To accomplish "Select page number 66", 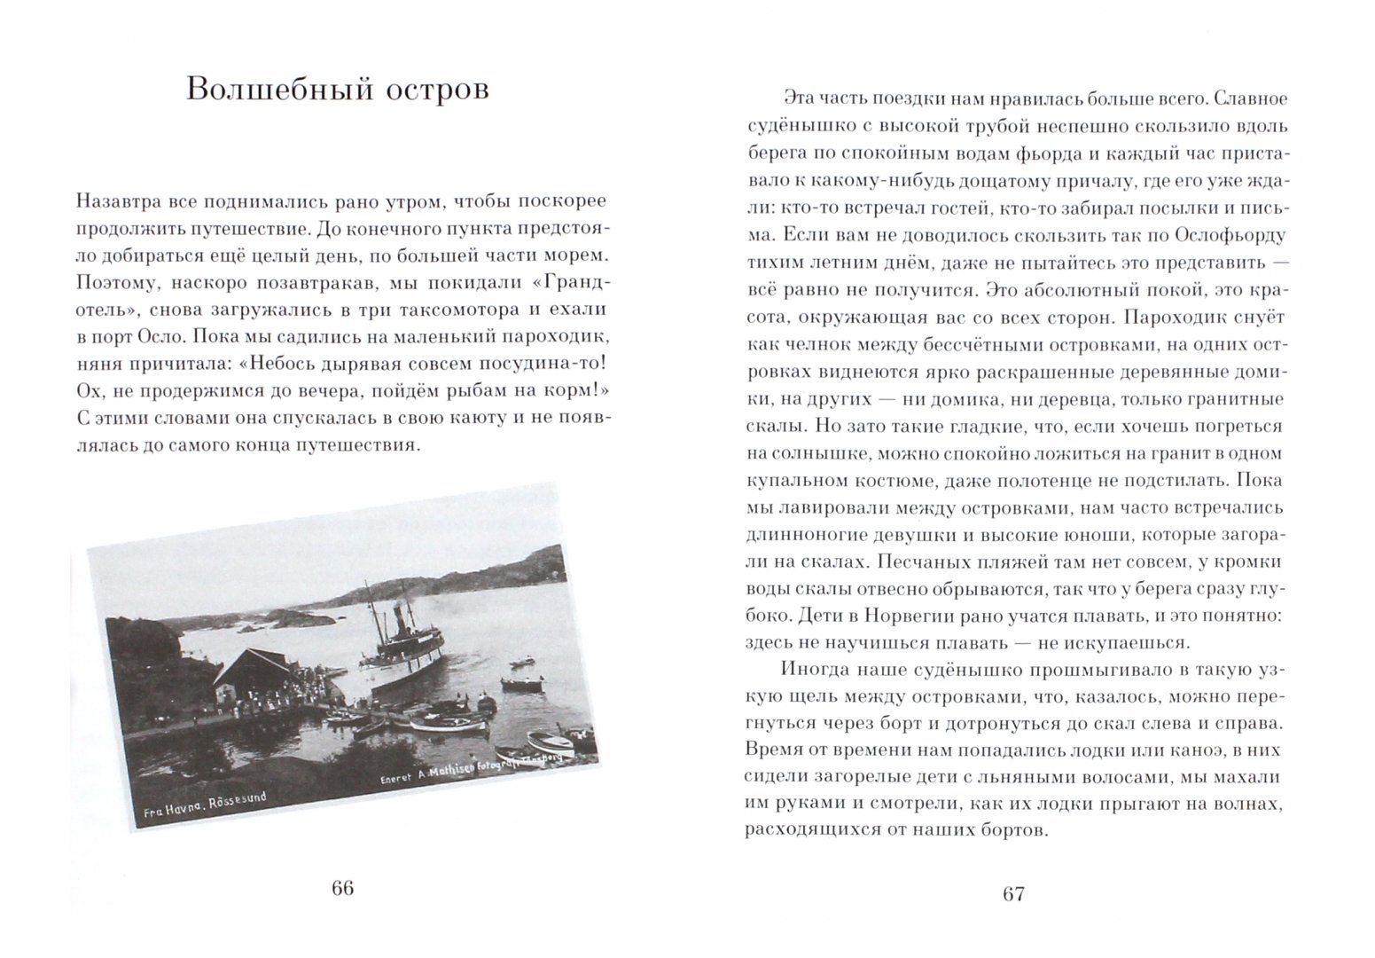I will (342, 889).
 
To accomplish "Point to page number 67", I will (1013, 893).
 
